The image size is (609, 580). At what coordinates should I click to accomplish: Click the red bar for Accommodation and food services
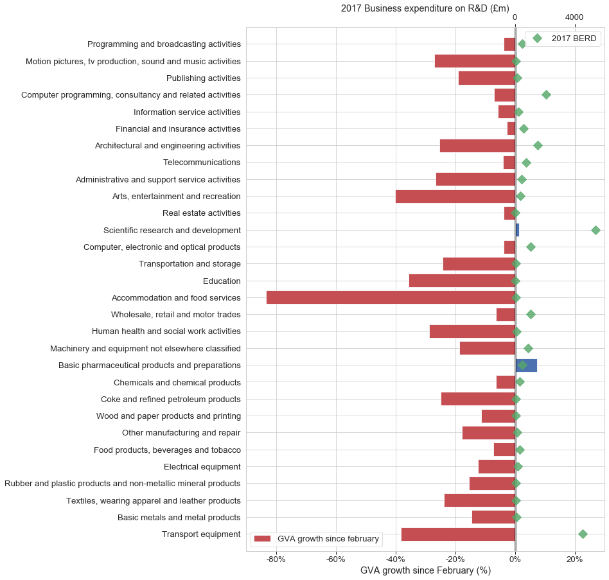tap(391, 297)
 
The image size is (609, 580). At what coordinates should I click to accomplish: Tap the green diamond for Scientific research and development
tap(596, 230)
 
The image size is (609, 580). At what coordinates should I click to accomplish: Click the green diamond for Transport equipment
tap(583, 534)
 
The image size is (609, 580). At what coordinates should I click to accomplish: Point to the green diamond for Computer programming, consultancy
tap(546, 94)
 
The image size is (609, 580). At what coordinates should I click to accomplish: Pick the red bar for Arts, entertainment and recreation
tap(455, 196)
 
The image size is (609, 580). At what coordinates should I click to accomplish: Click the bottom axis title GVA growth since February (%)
tap(425, 571)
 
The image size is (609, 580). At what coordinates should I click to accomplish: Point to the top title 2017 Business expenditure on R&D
tap(425, 8)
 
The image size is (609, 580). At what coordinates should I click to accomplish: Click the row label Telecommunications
tap(202, 163)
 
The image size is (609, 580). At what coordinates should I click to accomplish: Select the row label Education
tap(222, 281)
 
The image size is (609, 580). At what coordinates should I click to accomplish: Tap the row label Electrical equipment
tap(202, 466)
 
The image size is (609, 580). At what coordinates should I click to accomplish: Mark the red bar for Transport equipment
tap(458, 534)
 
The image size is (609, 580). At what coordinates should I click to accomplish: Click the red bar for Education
tap(462, 281)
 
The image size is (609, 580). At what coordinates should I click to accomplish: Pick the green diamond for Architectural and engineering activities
tap(538, 145)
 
